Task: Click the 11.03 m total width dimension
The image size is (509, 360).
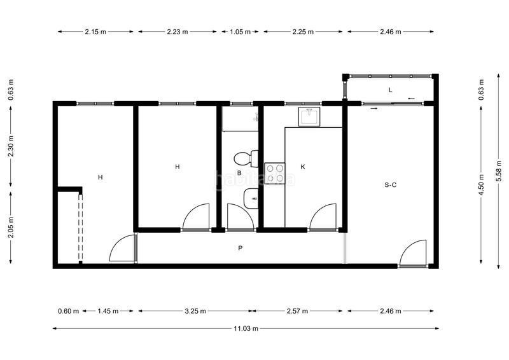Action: point(246,328)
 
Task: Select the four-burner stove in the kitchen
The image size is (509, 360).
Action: point(274,173)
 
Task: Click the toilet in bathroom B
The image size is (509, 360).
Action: point(244,157)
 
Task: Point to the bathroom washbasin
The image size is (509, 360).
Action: point(251,200)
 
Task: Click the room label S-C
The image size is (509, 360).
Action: point(391,185)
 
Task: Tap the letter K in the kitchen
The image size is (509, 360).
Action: point(303,167)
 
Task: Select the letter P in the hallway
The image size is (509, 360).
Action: point(240,248)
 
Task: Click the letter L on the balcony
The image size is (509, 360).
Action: point(390,90)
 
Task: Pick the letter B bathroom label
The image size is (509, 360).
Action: point(239,172)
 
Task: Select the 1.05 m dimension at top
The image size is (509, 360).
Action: point(241,31)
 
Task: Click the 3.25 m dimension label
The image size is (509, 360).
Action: point(195,311)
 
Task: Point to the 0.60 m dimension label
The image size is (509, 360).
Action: point(67,311)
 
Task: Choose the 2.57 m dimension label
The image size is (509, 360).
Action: point(297,311)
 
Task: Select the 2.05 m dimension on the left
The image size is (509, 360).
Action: point(11,227)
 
